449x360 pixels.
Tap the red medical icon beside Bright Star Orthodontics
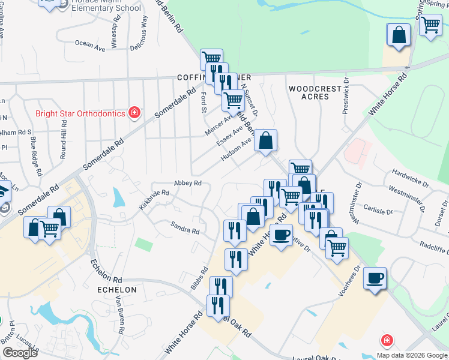click(x=135, y=113)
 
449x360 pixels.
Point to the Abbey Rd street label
click(x=187, y=183)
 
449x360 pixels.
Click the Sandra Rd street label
click(x=184, y=228)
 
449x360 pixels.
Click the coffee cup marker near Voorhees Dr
click(x=375, y=278)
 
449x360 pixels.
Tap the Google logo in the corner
click(x=20, y=353)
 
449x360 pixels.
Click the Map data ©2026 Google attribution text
click(x=412, y=355)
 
